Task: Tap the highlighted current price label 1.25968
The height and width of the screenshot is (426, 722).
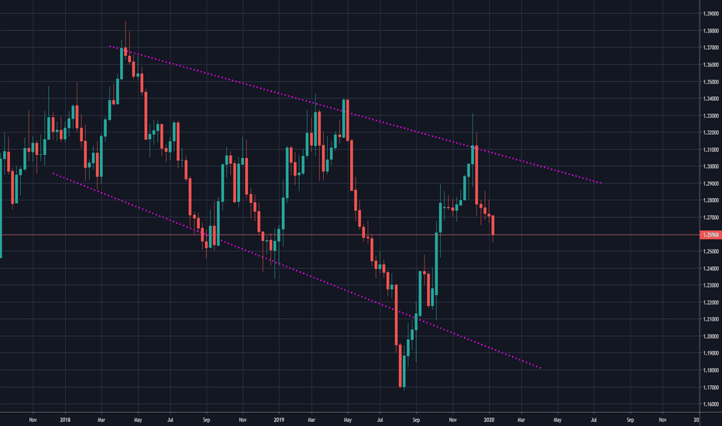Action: [x=709, y=235]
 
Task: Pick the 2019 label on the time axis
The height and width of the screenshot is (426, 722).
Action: [x=280, y=419]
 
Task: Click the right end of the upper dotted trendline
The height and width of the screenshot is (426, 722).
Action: [x=601, y=183]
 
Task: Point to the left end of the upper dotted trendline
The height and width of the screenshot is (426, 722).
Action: [x=110, y=46]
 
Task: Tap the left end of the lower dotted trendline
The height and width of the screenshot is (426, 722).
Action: [x=52, y=173]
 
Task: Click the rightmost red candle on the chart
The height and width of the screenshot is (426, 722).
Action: [x=493, y=225]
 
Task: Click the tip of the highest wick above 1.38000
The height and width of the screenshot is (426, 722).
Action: [x=125, y=22]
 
